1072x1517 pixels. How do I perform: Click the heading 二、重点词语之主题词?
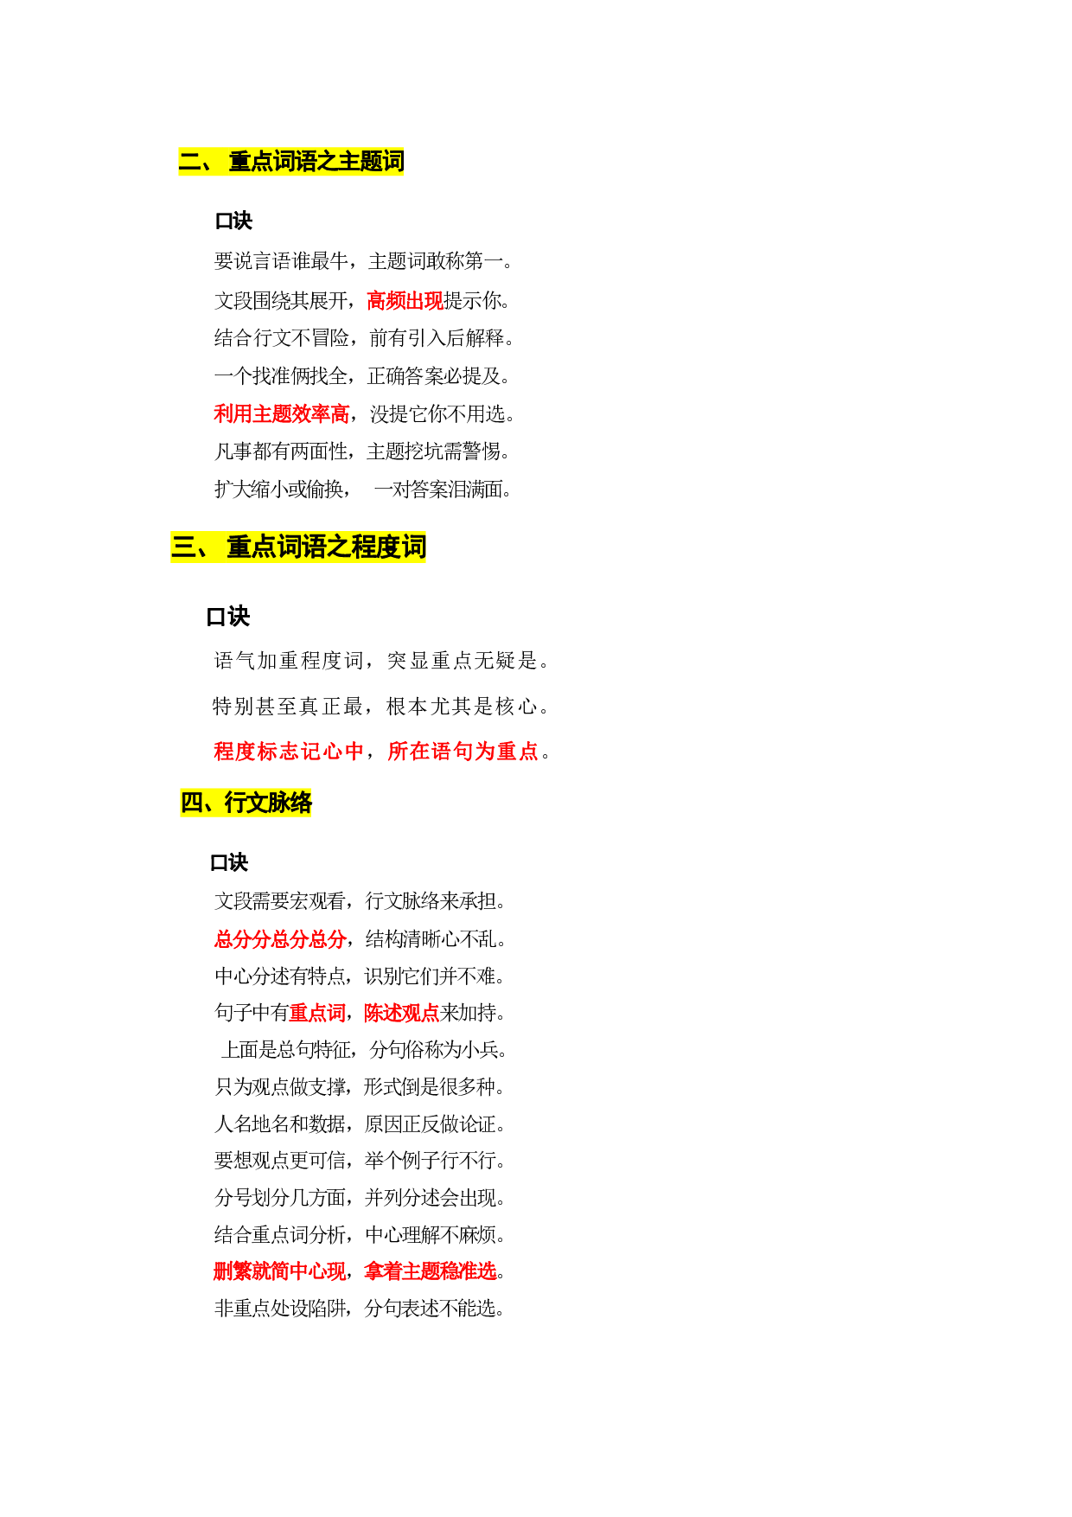(291, 162)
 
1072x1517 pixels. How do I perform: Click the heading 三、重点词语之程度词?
(299, 547)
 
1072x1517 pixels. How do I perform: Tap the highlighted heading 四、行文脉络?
(246, 803)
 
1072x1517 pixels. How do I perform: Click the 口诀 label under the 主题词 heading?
(233, 221)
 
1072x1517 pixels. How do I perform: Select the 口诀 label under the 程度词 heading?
(228, 617)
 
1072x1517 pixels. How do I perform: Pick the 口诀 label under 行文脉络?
(229, 862)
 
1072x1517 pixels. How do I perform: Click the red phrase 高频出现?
(405, 300)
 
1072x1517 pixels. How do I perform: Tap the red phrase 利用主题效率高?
(282, 414)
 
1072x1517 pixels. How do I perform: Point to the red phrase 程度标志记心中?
(289, 751)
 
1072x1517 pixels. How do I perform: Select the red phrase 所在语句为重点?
(463, 751)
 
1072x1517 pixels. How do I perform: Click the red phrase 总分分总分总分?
(280, 938)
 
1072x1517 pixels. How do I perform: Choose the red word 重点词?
(317, 1013)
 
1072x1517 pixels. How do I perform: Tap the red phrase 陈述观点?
(402, 1013)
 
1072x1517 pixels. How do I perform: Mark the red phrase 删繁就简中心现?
(280, 1271)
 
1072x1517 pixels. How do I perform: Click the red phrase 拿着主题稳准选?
(431, 1271)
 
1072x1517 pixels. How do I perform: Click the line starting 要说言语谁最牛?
(363, 261)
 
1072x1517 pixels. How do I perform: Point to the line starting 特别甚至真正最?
(380, 707)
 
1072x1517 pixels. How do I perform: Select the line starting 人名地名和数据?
(360, 1123)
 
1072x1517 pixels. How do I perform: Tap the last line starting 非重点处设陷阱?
(360, 1309)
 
